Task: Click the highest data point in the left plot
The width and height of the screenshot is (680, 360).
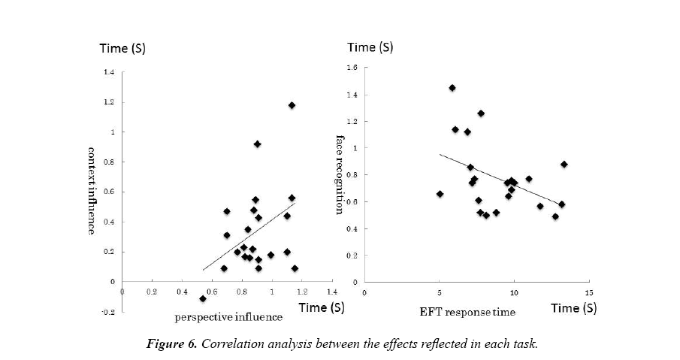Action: [292, 105]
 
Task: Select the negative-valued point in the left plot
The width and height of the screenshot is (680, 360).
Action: [203, 298]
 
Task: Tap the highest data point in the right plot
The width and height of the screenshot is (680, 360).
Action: [452, 88]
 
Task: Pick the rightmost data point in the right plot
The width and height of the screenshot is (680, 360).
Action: [564, 165]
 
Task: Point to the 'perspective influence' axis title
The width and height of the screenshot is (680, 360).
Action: [228, 317]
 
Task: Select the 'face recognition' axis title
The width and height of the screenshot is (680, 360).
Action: [340, 174]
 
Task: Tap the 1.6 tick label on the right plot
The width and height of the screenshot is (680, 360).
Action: [351, 68]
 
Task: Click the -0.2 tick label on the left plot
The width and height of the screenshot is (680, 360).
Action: [110, 312]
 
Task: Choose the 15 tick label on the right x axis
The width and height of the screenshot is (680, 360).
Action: [588, 292]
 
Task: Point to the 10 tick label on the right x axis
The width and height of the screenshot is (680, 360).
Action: [514, 292]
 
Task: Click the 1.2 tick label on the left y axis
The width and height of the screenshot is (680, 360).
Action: [110, 102]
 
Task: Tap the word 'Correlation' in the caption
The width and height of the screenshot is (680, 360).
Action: [255, 344]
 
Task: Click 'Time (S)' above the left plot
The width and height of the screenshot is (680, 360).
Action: [123, 49]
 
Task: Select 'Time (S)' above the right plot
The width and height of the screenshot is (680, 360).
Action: [370, 47]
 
